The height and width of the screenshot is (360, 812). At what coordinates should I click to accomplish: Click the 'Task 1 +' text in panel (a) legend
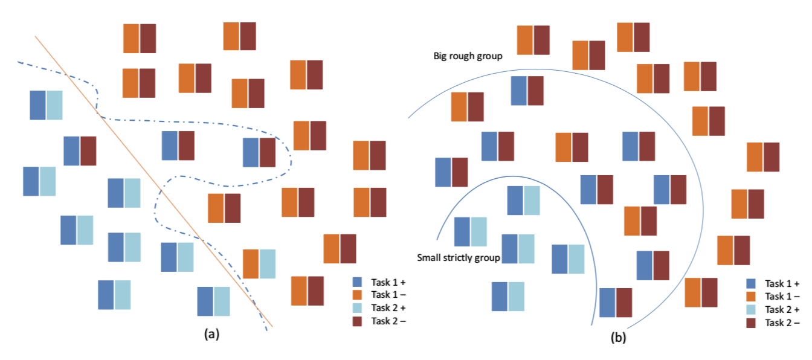pyautogui.click(x=388, y=282)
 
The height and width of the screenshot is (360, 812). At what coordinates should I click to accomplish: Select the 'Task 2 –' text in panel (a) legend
pyautogui.click(x=388, y=321)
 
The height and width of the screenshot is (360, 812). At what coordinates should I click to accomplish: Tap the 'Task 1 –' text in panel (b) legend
pyautogui.click(x=782, y=296)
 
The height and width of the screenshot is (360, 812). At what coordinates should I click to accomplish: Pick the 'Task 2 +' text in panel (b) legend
pyautogui.click(x=782, y=309)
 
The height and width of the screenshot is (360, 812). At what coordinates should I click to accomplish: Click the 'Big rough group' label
pyautogui.click(x=468, y=56)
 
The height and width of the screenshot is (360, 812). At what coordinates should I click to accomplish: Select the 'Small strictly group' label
pyautogui.click(x=458, y=258)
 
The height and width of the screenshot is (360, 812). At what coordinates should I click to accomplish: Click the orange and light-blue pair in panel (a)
pyautogui.click(x=259, y=263)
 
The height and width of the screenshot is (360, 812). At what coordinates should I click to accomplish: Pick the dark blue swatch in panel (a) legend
pyautogui.click(x=357, y=282)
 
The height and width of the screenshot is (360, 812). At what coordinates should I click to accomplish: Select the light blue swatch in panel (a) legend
pyautogui.click(x=357, y=308)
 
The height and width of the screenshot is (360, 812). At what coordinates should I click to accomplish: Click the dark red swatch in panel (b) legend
pyautogui.click(x=751, y=323)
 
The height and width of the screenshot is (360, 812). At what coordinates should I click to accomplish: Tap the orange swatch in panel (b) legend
pyautogui.click(x=751, y=296)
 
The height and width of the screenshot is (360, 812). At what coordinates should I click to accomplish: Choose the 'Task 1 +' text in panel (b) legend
pyautogui.click(x=782, y=283)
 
